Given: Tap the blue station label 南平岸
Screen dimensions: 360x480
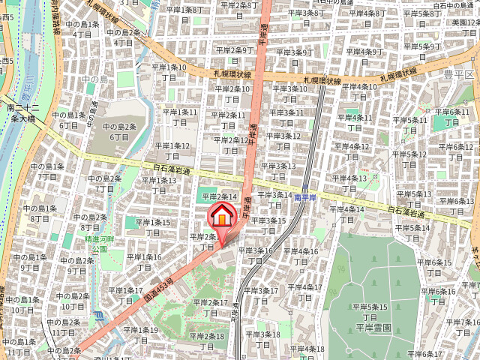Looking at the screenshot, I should click(307, 197).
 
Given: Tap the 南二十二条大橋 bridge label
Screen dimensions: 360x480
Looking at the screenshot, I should click(20, 113).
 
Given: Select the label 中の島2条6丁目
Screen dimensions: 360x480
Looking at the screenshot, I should click(119, 131).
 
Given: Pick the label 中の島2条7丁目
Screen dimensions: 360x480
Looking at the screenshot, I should click(104, 183).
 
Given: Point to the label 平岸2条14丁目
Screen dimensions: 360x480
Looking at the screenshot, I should click(220, 196).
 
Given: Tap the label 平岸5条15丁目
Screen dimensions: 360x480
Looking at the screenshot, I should click(371, 311).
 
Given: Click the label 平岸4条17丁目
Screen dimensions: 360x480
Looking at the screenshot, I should click(304, 292).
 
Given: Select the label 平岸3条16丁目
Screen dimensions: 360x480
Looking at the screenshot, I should click(257, 256).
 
